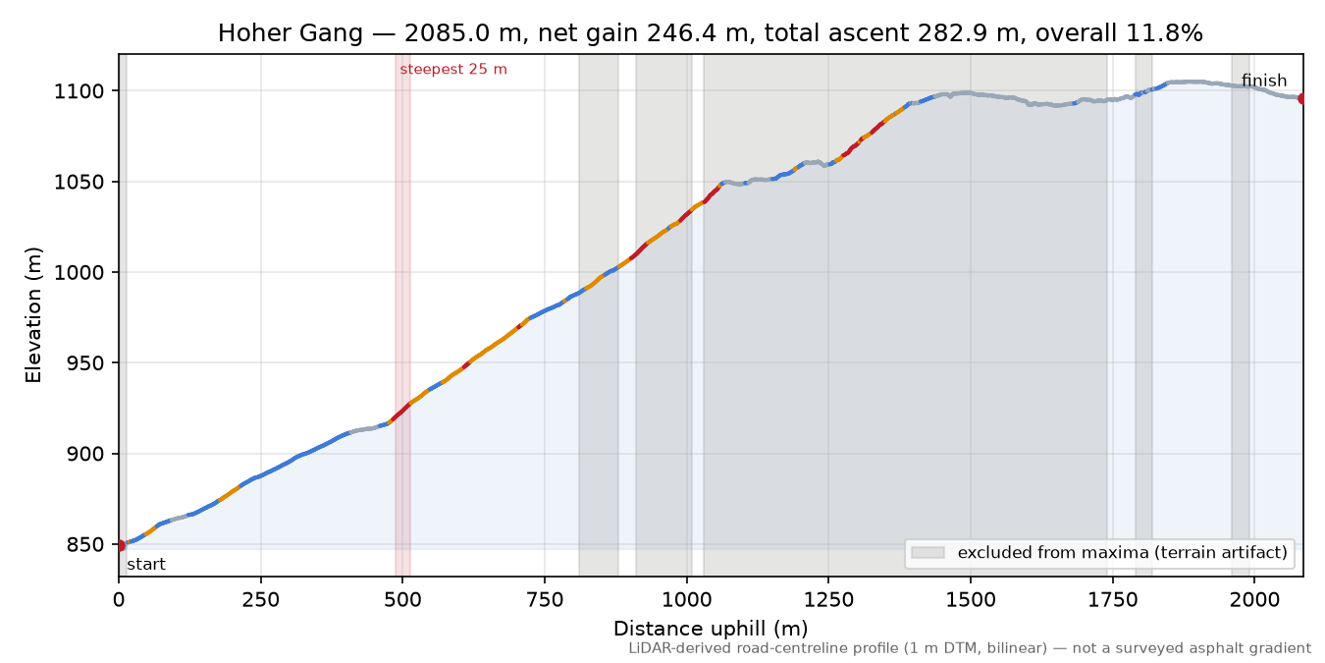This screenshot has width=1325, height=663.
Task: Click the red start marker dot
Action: click(x=120, y=545)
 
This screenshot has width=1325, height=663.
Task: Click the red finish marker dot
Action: click(x=1302, y=98)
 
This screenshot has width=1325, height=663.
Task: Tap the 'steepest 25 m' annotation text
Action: click(x=453, y=70)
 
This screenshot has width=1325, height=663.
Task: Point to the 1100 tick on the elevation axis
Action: click(x=79, y=91)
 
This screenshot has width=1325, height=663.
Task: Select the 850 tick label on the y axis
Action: click(x=84, y=544)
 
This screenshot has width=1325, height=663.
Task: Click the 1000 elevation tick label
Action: click(x=79, y=272)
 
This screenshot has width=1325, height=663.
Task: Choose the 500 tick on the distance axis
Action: click(x=402, y=600)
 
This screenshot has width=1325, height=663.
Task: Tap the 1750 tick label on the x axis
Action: click(x=1113, y=600)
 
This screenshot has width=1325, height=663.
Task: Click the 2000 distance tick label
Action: click(x=1254, y=600)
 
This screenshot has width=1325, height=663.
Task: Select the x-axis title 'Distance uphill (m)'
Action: click(x=711, y=629)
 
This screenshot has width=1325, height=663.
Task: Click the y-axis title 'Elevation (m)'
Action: click(x=33, y=315)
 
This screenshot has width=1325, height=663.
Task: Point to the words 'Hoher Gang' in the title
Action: click(x=290, y=33)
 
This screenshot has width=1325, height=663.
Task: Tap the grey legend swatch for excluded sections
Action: click(x=927, y=553)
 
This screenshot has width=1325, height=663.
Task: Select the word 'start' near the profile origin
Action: click(x=146, y=564)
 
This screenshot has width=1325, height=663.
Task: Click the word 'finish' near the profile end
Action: click(x=1264, y=81)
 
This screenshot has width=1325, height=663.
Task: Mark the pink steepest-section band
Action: click(x=402, y=315)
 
